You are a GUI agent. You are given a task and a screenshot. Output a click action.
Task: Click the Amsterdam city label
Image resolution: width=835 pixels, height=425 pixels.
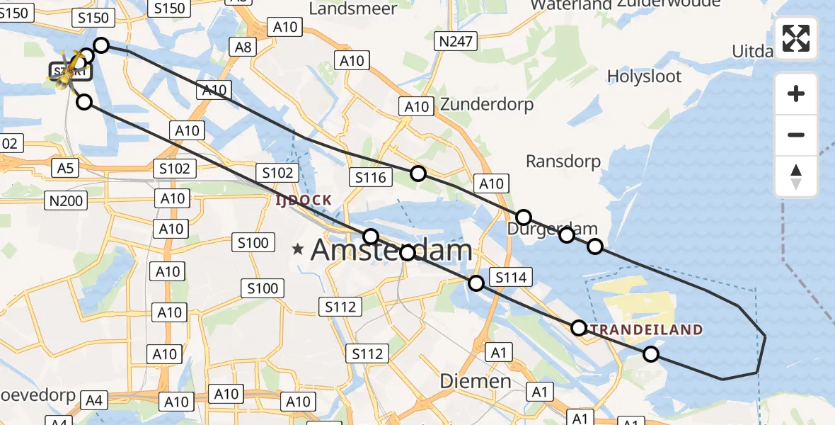(x=391, y=250)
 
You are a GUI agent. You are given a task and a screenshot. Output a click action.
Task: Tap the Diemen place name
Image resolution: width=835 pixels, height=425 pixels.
(x=476, y=380)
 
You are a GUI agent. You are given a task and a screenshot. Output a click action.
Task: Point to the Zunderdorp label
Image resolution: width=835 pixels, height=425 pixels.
(x=487, y=104)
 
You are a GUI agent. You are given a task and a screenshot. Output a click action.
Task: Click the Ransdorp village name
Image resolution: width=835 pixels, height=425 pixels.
(x=563, y=161)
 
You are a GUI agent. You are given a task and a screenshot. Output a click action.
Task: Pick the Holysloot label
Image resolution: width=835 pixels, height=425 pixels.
(x=644, y=76)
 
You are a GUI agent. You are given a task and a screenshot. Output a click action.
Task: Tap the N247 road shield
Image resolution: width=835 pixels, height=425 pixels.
(x=455, y=42)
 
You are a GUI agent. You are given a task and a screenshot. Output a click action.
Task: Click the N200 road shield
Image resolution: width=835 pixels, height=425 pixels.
(x=66, y=200)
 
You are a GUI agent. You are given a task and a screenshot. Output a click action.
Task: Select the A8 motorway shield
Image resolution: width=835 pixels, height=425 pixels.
(x=243, y=47)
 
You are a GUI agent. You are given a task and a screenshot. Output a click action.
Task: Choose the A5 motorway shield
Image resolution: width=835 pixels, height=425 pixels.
(x=65, y=167)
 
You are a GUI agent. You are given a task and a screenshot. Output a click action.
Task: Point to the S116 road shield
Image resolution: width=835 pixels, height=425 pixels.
(x=371, y=176)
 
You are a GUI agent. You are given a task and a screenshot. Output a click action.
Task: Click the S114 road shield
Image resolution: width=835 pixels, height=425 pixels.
(x=511, y=278)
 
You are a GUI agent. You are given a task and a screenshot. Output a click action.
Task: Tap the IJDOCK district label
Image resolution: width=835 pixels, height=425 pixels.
(x=304, y=200)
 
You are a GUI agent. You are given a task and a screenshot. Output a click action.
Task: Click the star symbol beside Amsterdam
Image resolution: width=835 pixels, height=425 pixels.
(x=299, y=249)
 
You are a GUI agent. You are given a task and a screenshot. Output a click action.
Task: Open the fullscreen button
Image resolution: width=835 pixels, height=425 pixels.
(x=796, y=38)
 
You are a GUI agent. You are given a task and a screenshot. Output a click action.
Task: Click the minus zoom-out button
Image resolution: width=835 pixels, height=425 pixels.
(x=796, y=135)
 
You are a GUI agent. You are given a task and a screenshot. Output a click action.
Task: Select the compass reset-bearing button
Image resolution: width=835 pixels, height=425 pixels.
(x=796, y=176)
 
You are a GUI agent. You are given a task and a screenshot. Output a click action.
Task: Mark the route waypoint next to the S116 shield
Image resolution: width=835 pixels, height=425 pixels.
(x=418, y=174)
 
